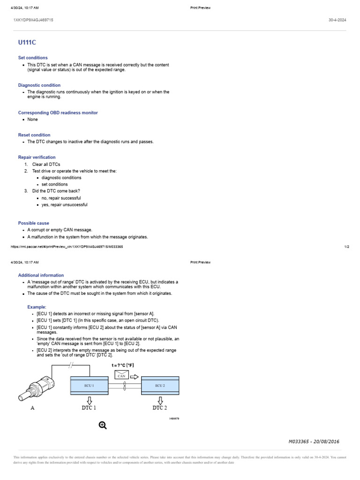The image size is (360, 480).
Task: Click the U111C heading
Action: (27, 43)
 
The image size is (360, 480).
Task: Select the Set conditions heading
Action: (33, 58)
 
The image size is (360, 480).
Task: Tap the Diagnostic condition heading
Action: (39, 85)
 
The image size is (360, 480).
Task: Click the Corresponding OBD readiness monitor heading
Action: (58, 113)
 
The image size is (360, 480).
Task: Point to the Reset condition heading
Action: (34, 135)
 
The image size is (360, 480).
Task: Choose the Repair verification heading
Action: (37, 157)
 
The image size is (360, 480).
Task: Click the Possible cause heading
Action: (33, 223)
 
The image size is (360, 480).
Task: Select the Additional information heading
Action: (41, 275)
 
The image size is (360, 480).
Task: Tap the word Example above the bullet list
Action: (37, 307)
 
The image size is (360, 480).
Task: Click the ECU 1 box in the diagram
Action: (89, 385)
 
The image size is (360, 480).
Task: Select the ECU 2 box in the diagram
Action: (160, 385)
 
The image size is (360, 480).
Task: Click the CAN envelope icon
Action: (122, 375)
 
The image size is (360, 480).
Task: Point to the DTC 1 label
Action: (89, 408)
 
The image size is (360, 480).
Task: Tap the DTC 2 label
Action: (160, 408)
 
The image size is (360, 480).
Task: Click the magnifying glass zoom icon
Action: (103, 425)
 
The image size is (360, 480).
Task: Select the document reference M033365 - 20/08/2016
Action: (314, 442)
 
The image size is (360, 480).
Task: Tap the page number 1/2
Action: (346, 247)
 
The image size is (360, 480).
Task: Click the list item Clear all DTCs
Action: (46, 165)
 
